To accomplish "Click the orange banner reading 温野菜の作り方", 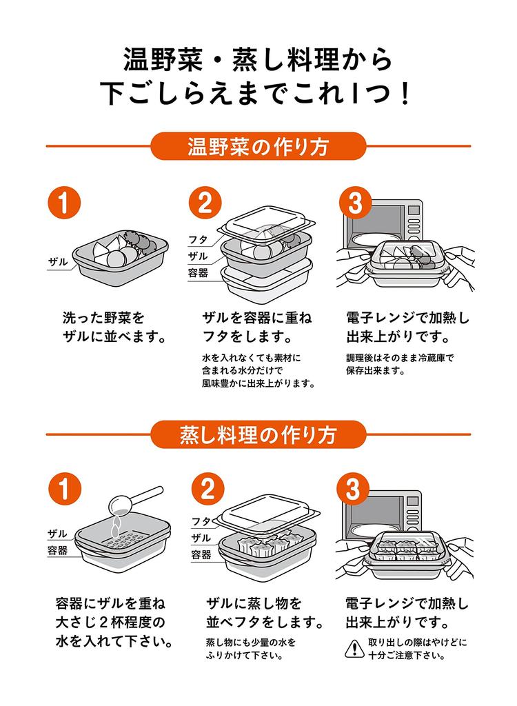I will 258,147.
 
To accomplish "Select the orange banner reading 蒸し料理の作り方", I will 258,435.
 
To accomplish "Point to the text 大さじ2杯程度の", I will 110,623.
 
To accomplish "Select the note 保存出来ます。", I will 376,370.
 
